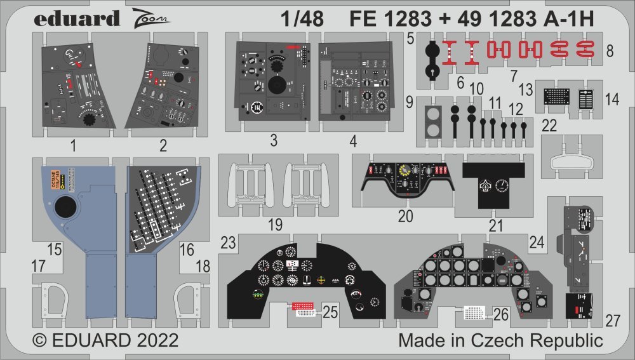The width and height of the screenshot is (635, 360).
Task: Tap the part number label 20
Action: tap(406, 216)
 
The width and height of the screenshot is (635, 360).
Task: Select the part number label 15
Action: tap(54, 250)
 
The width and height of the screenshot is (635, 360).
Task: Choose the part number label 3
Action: tap(273, 141)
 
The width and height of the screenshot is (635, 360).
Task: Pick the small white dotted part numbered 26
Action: tap(474, 313)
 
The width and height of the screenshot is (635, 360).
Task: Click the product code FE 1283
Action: tap(387, 20)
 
